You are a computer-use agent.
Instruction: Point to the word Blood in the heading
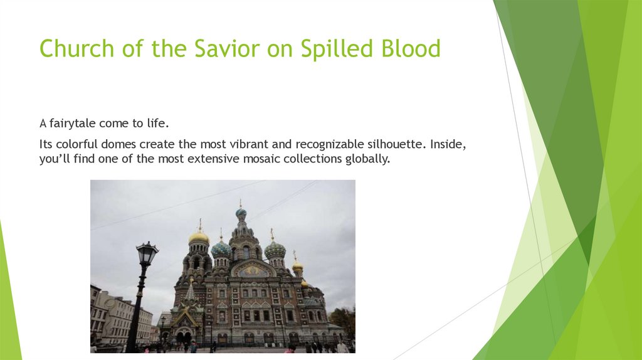click(411, 48)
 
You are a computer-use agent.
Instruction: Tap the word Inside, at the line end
click(448, 144)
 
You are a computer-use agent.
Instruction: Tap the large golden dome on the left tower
click(199, 237)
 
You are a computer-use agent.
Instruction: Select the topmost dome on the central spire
click(241, 213)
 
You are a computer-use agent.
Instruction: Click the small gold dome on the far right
click(297, 265)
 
